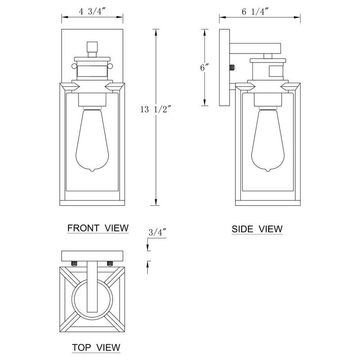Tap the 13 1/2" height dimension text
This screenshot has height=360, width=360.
pos(156,109)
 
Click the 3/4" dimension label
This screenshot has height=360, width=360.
pos(157,232)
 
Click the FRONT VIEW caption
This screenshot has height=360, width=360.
pos(98,228)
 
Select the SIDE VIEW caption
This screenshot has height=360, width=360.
pos(257,229)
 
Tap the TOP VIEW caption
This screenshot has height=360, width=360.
pos(96,347)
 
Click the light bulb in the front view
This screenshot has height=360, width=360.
pos(92,140)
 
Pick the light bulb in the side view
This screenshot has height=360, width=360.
pos(268,140)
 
